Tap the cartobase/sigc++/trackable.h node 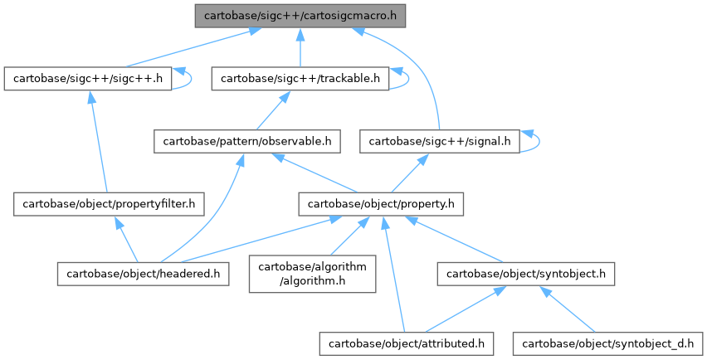[300, 79]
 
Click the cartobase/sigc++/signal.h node [440, 142]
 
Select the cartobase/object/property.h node [381, 202]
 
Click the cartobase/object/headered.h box [143, 273]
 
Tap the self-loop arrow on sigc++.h [191, 79]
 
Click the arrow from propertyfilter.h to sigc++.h [98, 141]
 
